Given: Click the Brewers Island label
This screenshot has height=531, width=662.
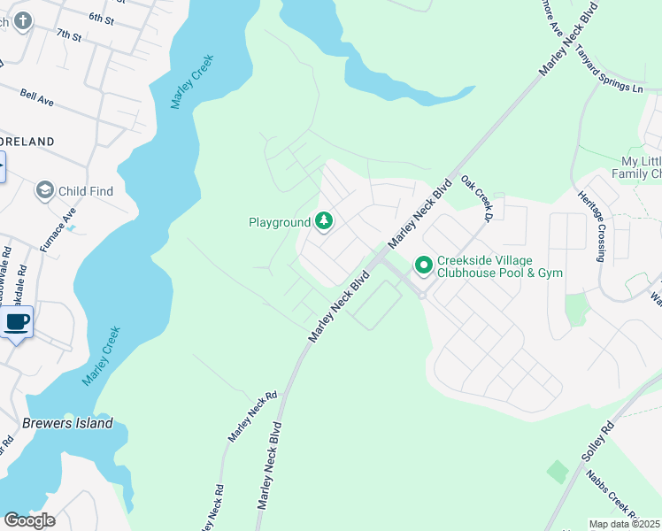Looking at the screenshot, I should [x=68, y=423].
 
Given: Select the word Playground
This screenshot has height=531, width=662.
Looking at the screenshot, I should [x=279, y=222].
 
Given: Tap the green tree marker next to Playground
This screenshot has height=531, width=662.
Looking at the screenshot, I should [x=324, y=221].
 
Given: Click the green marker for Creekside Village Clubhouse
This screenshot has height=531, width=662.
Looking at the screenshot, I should [x=424, y=265].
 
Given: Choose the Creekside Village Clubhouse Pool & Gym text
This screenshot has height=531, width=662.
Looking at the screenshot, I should [x=500, y=266].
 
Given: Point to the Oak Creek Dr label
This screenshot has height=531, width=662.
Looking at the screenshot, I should [x=476, y=196].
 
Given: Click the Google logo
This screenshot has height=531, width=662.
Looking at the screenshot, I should [x=29, y=520].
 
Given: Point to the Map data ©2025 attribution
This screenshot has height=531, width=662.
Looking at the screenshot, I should [x=625, y=524].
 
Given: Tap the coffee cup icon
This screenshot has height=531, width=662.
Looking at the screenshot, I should [x=16, y=322].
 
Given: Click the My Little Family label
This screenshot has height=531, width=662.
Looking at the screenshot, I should [x=641, y=167].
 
